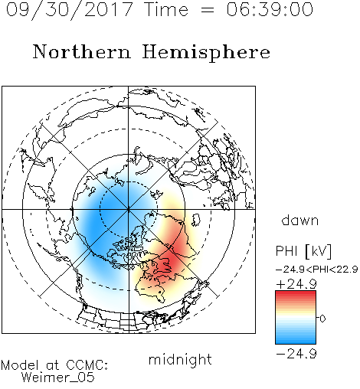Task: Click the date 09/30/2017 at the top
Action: (x=70, y=9)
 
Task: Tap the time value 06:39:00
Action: (x=270, y=9)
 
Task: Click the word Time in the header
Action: (x=166, y=9)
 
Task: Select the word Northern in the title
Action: (x=82, y=51)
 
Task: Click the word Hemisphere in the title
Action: (x=206, y=53)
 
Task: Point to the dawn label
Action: (x=299, y=220)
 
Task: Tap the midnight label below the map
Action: (x=180, y=359)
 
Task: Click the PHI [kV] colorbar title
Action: (x=304, y=251)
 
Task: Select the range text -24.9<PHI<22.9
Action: (x=316, y=270)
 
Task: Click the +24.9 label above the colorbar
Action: (x=296, y=284)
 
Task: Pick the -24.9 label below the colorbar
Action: (x=296, y=354)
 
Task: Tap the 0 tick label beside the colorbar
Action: (x=322, y=319)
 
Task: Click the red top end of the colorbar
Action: (x=296, y=293)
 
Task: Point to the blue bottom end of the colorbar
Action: (x=296, y=341)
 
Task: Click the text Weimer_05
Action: (x=58, y=378)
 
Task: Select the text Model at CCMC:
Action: (x=54, y=365)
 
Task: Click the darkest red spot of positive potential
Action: (x=175, y=258)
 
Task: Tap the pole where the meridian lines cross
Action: (x=129, y=209)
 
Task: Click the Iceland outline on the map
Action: (x=196, y=220)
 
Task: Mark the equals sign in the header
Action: (x=208, y=10)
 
